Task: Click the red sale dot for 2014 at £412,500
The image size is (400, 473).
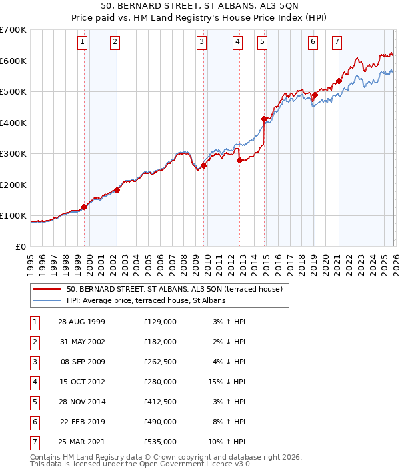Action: (x=264, y=119)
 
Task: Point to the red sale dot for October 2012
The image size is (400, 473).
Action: (x=239, y=160)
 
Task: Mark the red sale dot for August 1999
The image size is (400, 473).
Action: (x=85, y=207)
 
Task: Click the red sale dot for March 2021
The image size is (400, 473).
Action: (x=339, y=81)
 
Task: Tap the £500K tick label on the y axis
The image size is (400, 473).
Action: (x=13, y=92)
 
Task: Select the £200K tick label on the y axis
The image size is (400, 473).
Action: (x=13, y=185)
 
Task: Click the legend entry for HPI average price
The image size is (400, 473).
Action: (x=146, y=301)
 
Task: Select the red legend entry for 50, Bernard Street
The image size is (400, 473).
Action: (x=175, y=289)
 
